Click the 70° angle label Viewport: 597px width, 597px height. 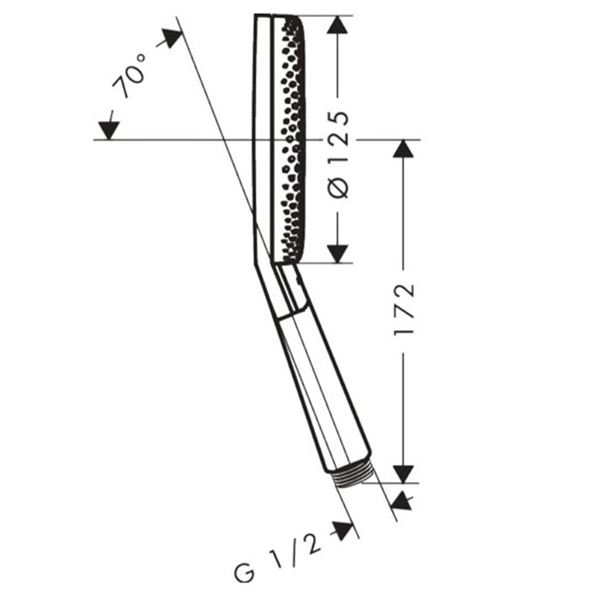[129, 75]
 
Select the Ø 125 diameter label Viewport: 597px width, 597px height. [338, 155]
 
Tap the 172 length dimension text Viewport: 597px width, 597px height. [403, 308]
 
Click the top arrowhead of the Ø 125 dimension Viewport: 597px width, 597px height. [337, 26]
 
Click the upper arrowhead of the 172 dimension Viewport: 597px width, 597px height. [403, 149]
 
